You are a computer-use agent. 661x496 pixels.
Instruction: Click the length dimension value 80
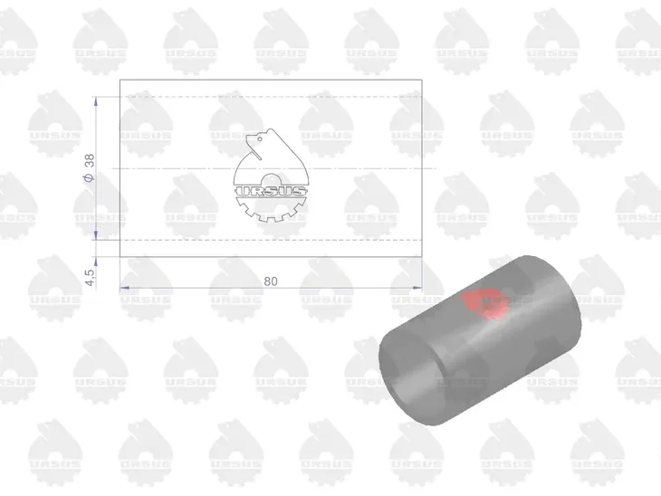coord(271,281)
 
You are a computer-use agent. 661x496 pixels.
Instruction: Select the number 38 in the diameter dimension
coord(90,161)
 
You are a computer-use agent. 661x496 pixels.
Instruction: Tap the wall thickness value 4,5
coord(90,277)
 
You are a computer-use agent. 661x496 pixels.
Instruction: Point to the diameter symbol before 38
coord(90,177)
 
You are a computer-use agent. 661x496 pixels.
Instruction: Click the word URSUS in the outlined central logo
coord(271,192)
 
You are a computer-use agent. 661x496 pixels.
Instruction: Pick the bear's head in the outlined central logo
coord(255,139)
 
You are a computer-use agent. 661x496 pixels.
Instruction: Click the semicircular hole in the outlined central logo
coord(271,179)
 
